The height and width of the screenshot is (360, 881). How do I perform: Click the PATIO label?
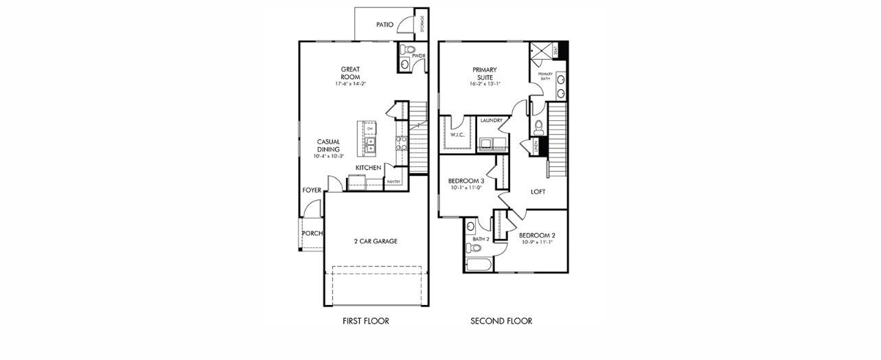click(385, 25)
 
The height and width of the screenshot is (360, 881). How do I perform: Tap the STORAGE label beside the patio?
click(422, 23)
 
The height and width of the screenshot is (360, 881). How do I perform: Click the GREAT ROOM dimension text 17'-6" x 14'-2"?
click(351, 84)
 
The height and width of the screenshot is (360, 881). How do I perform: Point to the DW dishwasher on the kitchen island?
click(370, 128)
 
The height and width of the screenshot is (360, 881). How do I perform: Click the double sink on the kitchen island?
click(370, 144)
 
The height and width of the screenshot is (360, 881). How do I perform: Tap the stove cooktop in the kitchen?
click(402, 142)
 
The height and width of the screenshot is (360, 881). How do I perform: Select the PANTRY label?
click(393, 181)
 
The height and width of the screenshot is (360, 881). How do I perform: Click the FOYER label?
click(312, 190)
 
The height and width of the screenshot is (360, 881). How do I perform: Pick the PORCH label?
click(312, 233)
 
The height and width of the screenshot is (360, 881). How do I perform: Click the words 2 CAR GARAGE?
click(376, 241)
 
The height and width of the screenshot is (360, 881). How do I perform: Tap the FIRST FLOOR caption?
click(366, 321)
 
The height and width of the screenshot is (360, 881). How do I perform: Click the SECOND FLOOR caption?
click(501, 321)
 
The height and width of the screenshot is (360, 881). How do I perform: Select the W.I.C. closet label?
click(458, 135)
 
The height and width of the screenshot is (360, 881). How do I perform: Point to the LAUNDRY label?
click(492, 121)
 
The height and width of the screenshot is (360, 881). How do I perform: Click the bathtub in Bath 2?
click(478, 265)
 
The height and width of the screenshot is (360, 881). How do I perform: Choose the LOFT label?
click(538, 192)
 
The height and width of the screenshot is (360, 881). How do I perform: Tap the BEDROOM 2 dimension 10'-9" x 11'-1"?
click(537, 242)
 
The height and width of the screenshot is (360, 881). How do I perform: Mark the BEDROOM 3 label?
click(466, 181)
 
